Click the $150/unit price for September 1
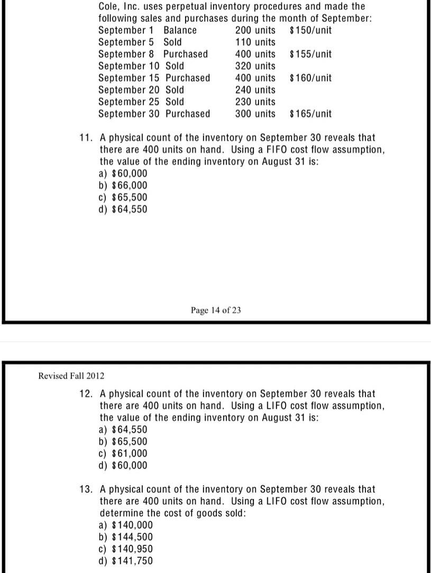pos(311,30)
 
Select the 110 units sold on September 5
pos(255,42)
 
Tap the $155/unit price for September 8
pos(311,54)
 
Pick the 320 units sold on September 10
pos(255,66)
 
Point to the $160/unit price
pos(311,78)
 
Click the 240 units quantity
pos(255,90)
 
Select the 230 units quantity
pos(255,102)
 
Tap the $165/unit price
pos(311,114)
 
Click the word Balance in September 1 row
pos(180,30)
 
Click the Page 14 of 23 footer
pos(216,310)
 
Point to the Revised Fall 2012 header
pos(71,376)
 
